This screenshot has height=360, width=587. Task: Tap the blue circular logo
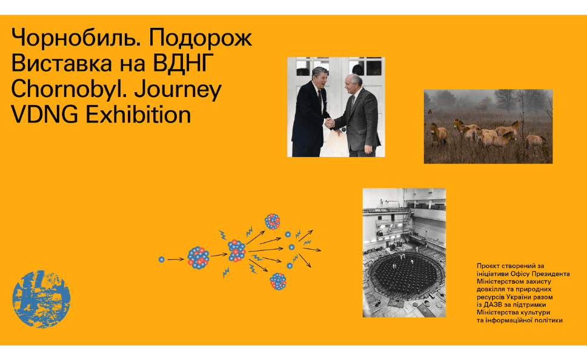pyautogui.click(x=41, y=299)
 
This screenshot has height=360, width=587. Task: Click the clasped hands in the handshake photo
pyautogui.click(x=330, y=123)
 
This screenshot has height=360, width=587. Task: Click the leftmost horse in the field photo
pyautogui.click(x=438, y=133)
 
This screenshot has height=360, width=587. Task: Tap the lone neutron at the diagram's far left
pyautogui.click(x=162, y=259)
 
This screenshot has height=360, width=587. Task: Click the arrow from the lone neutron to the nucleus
pyautogui.click(x=176, y=259)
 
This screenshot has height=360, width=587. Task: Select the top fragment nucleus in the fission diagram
pyautogui.click(x=273, y=221)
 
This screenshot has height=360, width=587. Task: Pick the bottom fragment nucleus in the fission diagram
pyautogui.click(x=278, y=281)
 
